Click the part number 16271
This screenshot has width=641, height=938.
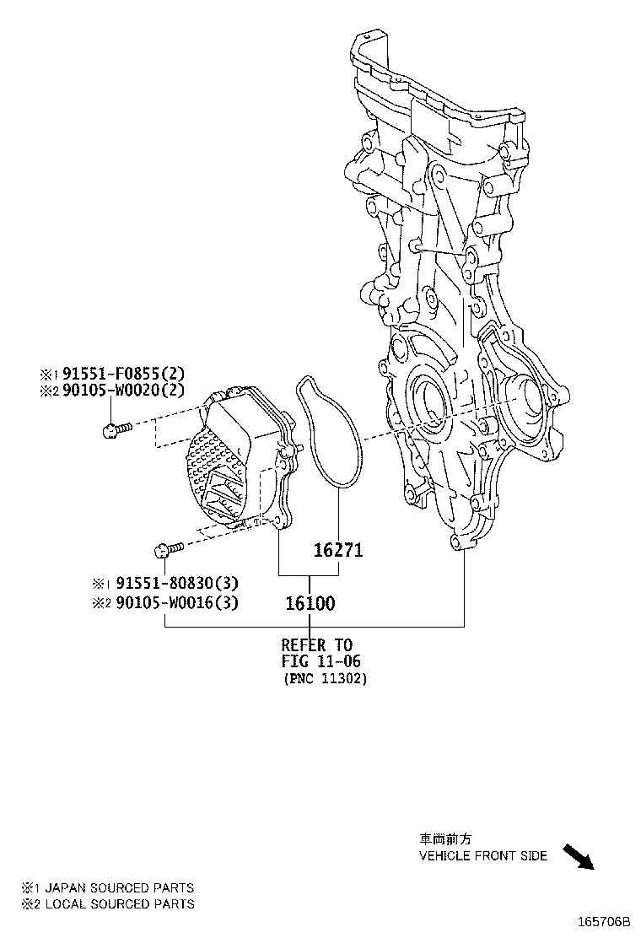click(337, 550)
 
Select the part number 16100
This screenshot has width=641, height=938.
click(310, 603)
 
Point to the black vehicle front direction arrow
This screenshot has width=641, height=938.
click(579, 856)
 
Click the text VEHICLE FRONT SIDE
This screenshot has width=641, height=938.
click(483, 856)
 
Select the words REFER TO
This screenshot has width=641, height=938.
click(317, 645)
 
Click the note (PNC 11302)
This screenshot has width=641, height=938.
click(325, 678)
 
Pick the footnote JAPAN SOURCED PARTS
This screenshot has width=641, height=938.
click(118, 887)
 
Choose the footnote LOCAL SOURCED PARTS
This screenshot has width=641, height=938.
click(118, 903)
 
